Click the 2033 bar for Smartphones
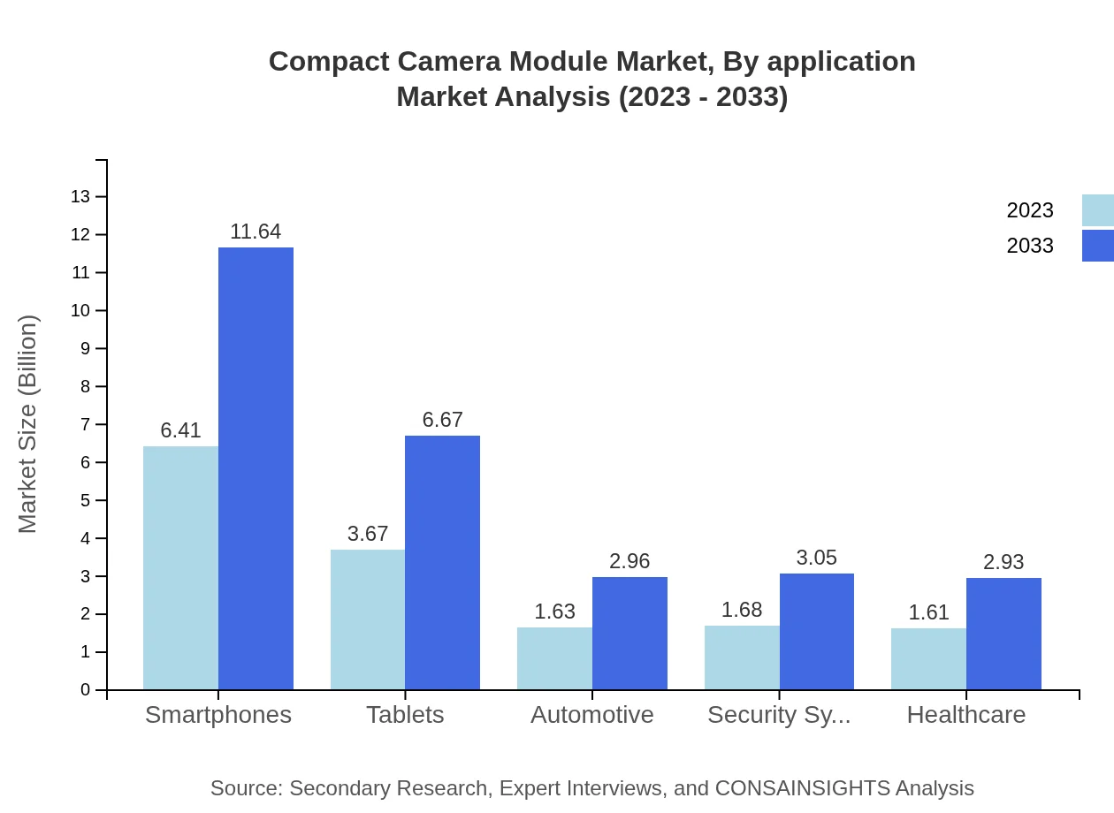pyautogui.click(x=256, y=468)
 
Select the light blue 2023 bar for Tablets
pyautogui.click(x=368, y=619)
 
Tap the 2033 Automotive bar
pyautogui.click(x=629, y=633)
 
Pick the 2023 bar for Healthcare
pyautogui.click(x=928, y=658)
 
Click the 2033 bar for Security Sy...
pyautogui.click(x=817, y=631)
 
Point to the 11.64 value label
pyautogui.click(x=256, y=232)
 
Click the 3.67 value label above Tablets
pyautogui.click(x=368, y=534)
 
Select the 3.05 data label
pyautogui.click(x=816, y=558)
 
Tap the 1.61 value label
pyautogui.click(x=928, y=612)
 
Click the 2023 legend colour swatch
pyautogui.click(x=1097, y=210)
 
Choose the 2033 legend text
pyautogui.click(x=1030, y=246)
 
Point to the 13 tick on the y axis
pyautogui.click(x=80, y=196)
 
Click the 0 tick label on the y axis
pyautogui.click(x=86, y=689)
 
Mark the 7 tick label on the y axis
pyautogui.click(x=86, y=424)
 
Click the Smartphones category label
pyautogui.click(x=218, y=714)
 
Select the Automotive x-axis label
pyautogui.click(x=592, y=714)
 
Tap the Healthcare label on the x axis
pyautogui.click(x=966, y=714)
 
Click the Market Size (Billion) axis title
pyautogui.click(x=28, y=424)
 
